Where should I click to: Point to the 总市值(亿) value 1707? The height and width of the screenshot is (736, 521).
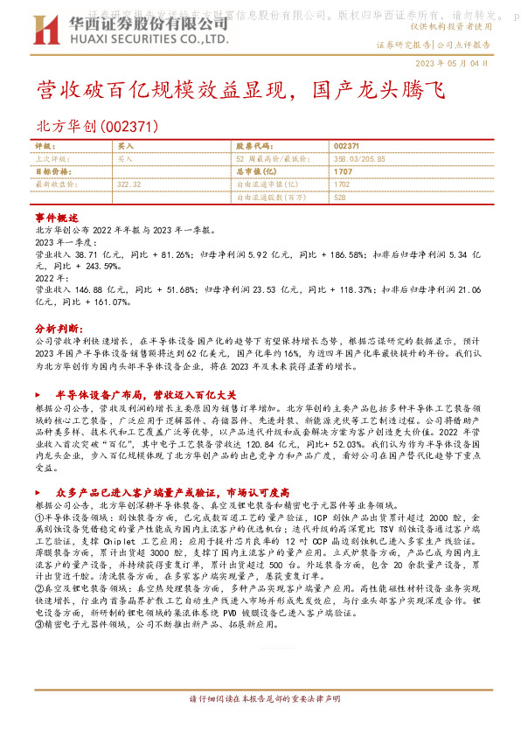[x=343, y=172]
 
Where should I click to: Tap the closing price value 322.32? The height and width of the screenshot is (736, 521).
[x=129, y=184]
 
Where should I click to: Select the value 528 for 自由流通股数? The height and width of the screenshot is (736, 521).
[x=340, y=198]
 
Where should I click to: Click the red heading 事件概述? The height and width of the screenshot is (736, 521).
[x=57, y=217]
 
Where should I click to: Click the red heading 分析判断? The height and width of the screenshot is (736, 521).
[x=57, y=322]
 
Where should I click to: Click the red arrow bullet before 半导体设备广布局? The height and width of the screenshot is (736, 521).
[x=45, y=394]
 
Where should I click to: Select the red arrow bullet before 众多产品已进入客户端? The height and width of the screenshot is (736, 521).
[x=45, y=492]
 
